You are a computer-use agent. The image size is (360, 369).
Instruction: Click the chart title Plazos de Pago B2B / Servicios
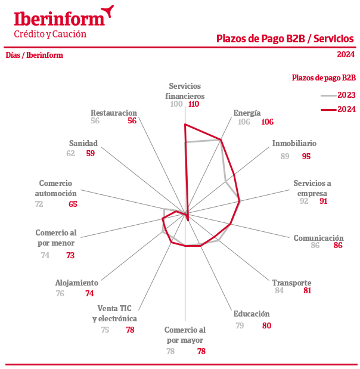point(285,39)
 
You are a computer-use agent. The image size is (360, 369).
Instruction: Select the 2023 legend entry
point(338,95)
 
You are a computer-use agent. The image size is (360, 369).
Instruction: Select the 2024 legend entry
point(338,109)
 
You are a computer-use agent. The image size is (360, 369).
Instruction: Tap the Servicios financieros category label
point(185,91)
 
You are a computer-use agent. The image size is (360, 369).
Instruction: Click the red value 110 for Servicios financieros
point(193,104)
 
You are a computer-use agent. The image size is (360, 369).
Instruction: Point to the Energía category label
point(247,112)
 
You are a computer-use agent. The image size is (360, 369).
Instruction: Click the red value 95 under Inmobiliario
point(306,156)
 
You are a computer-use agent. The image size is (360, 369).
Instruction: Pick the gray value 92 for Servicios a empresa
point(304,201)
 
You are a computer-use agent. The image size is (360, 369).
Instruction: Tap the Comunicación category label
point(318,238)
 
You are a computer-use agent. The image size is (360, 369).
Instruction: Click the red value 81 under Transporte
point(308,291)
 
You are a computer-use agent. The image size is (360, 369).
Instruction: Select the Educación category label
point(252,314)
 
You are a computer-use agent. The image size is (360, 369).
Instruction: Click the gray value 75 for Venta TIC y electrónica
point(105,330)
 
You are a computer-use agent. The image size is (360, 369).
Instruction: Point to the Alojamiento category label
point(76,283)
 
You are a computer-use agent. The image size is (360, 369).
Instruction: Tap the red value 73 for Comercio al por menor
point(70,255)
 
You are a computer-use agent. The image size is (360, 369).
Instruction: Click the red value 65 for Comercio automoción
point(73,204)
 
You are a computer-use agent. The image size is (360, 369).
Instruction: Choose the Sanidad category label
point(83,143)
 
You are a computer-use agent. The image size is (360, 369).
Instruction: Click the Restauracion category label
point(114,112)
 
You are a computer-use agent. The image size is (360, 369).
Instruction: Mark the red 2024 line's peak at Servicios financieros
point(185,125)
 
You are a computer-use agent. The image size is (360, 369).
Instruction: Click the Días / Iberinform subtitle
point(34,55)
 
